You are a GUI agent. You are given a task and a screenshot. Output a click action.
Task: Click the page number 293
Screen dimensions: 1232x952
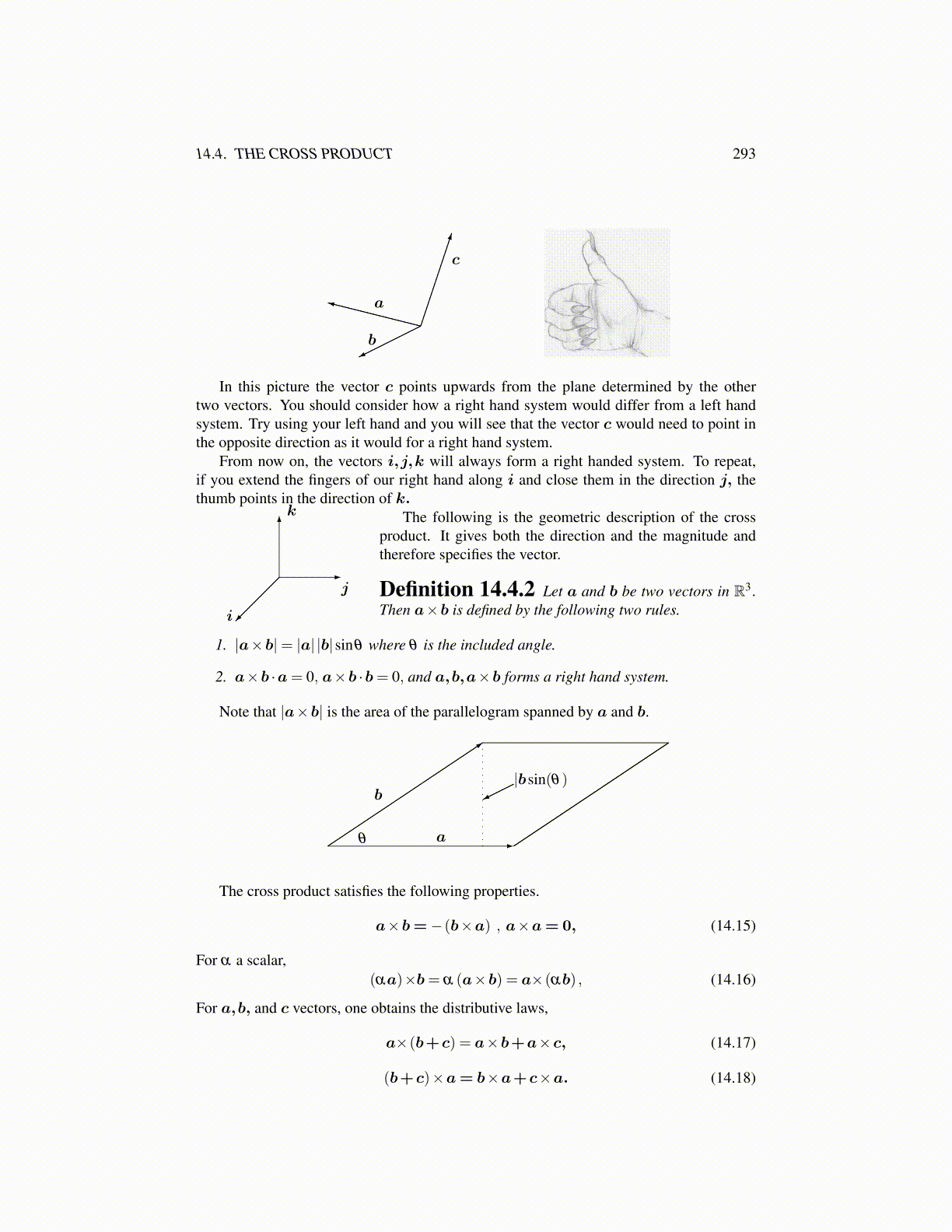point(744,154)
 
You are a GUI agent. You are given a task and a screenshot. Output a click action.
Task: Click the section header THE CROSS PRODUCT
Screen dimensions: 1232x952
point(313,154)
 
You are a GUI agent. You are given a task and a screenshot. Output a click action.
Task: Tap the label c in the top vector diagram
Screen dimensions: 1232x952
point(456,260)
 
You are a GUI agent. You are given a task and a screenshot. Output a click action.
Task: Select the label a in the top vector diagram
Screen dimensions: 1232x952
point(379,303)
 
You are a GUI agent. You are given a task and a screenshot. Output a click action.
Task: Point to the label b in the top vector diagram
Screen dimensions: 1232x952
point(372,340)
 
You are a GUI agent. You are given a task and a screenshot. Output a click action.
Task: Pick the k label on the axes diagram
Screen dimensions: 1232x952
point(292,511)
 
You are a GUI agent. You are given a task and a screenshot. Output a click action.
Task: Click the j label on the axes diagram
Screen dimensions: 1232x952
point(345,589)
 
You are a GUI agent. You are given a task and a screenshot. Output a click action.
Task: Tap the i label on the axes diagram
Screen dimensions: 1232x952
point(229,616)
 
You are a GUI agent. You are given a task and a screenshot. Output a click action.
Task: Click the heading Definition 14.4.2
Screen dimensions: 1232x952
point(457,590)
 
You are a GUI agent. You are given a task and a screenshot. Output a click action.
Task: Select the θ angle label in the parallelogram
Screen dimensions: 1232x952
point(362,838)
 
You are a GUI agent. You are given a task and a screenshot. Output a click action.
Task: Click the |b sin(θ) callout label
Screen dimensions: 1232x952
point(541,779)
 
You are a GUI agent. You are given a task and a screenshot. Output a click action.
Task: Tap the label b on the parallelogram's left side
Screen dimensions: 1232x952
point(378,794)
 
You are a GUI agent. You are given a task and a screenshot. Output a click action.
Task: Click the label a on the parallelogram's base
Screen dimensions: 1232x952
point(441,838)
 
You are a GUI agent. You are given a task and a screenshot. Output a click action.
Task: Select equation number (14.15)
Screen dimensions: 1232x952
point(733,926)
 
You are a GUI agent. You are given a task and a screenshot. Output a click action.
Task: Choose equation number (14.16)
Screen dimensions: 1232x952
point(733,979)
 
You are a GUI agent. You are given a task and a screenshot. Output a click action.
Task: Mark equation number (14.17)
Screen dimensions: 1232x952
point(733,1042)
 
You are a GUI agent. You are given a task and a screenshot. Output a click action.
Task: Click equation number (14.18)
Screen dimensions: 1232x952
point(733,1077)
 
